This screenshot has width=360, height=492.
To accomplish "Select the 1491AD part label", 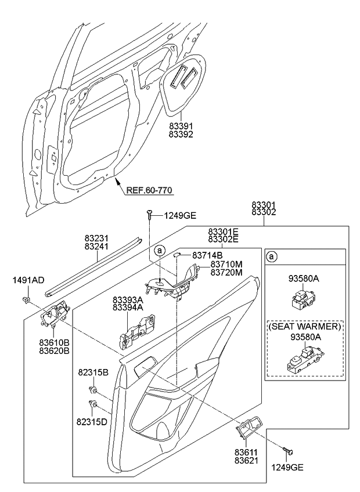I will tap(28, 281).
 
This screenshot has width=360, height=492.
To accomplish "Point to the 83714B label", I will tap(207, 255).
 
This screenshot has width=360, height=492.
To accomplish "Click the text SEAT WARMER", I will tap(305, 326).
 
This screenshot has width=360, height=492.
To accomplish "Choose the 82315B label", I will tap(93, 372).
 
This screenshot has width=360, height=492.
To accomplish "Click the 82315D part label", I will tap(93, 422).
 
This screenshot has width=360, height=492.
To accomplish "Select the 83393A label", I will tap(127, 299).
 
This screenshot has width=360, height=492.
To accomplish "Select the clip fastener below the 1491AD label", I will tap(26, 300).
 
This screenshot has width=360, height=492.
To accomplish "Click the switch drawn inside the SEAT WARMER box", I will tap(303, 356).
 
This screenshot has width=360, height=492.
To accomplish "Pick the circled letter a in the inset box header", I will tap(271, 256).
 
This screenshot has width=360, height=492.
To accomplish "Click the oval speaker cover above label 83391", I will tap(185, 82).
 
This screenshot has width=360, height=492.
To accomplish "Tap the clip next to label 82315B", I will tap(92, 389).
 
